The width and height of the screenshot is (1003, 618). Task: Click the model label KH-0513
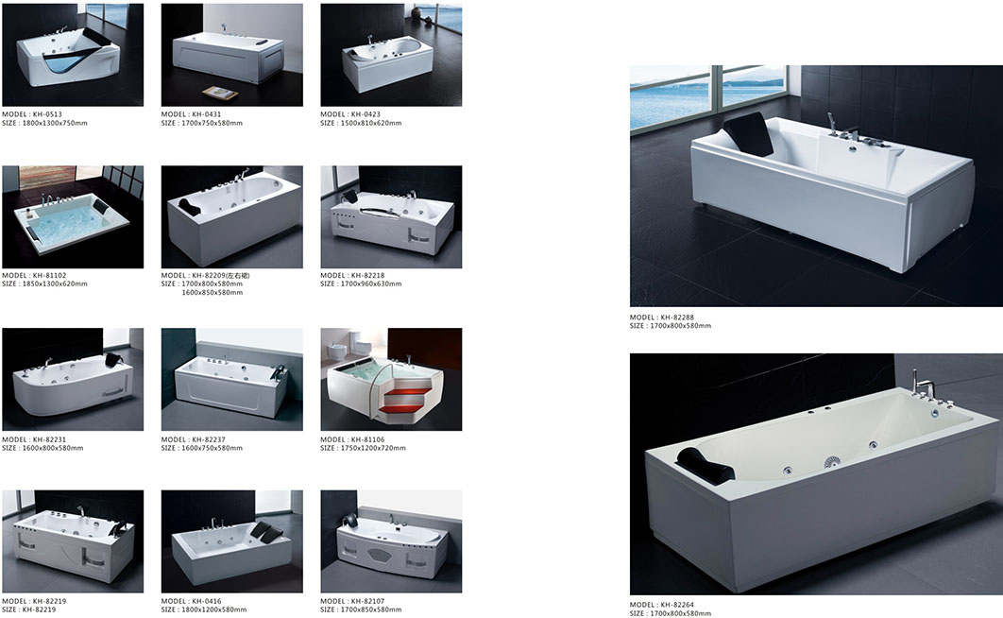(32, 114)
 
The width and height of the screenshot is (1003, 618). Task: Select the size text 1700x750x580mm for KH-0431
(201, 123)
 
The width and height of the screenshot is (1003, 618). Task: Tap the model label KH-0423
(350, 114)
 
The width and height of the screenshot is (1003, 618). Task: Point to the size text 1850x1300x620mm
(44, 283)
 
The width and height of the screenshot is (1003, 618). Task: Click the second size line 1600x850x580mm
(212, 292)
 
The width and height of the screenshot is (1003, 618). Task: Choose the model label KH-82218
(352, 275)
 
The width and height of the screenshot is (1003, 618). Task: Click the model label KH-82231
(34, 439)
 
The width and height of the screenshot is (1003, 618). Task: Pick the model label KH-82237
(194, 439)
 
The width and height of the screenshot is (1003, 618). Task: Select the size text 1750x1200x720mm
(363, 448)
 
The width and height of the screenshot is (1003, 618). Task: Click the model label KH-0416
(192, 601)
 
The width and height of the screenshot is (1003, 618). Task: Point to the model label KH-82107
(352, 601)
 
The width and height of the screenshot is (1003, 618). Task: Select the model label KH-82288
(661, 318)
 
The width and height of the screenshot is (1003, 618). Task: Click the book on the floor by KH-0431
(221, 93)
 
